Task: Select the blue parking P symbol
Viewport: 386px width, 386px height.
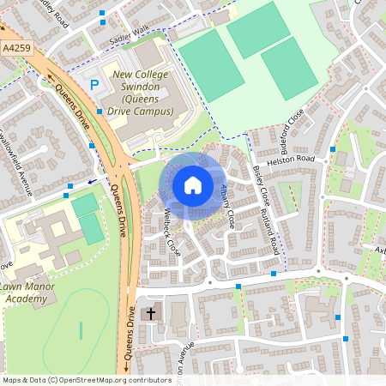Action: point(94,85)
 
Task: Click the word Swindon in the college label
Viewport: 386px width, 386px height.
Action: point(144,88)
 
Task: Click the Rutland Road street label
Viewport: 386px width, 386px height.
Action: point(273,233)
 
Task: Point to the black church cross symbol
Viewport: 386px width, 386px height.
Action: point(151,314)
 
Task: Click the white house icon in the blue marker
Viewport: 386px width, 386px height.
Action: point(193,184)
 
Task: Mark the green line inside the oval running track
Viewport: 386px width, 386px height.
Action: point(81,329)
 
